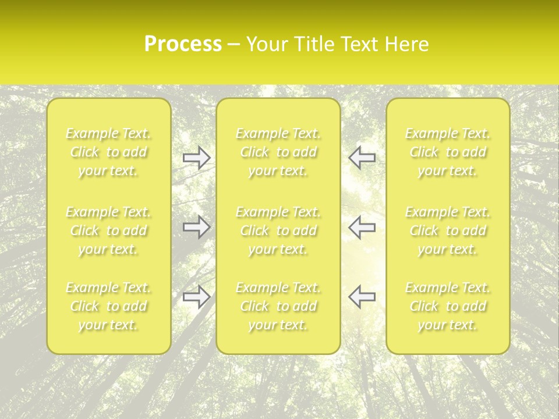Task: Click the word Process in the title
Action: click(183, 44)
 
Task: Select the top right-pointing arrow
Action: click(197, 158)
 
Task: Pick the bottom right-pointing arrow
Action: click(197, 296)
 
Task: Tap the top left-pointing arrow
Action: click(362, 158)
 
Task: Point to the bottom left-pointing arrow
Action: click(362, 296)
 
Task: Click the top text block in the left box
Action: click(108, 152)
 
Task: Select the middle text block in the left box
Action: click(108, 230)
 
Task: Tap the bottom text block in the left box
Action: click(108, 306)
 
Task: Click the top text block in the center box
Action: click(278, 152)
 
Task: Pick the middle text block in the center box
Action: click(278, 230)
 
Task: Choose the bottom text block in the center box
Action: click(278, 306)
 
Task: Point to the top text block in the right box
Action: click(448, 152)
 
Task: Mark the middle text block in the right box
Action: click(448, 230)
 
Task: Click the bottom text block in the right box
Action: click(448, 306)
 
